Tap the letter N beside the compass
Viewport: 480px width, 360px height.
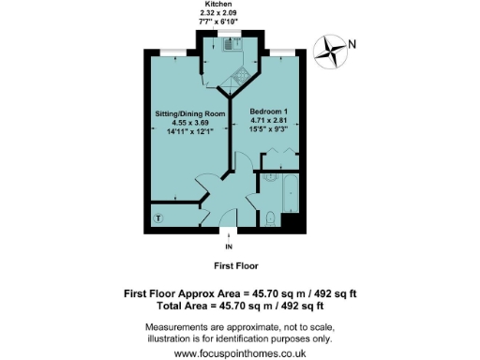(352, 43)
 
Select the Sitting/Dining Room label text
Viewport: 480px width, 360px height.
(191, 114)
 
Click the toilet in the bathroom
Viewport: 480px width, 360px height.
(270, 218)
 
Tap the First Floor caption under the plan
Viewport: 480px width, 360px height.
(242, 265)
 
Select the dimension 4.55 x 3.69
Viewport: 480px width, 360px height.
(191, 123)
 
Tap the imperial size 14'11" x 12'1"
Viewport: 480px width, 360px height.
(191, 132)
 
